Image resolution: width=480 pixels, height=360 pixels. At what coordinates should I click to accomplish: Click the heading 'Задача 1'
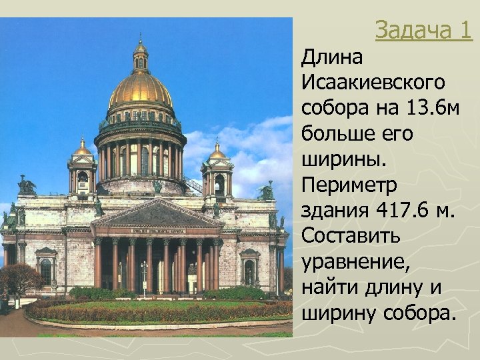[x=423, y=30]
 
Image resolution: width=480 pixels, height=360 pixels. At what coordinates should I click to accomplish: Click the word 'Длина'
[x=332, y=59]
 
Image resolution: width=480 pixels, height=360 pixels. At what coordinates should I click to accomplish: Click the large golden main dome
[x=140, y=89]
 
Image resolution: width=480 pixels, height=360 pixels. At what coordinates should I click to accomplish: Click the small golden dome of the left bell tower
[x=82, y=149]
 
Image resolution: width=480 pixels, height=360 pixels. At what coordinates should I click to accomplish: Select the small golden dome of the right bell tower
[x=217, y=151]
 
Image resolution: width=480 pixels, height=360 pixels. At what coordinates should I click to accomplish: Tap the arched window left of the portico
[x=46, y=269]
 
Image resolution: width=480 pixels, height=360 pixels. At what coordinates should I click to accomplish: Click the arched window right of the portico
[x=249, y=270]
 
